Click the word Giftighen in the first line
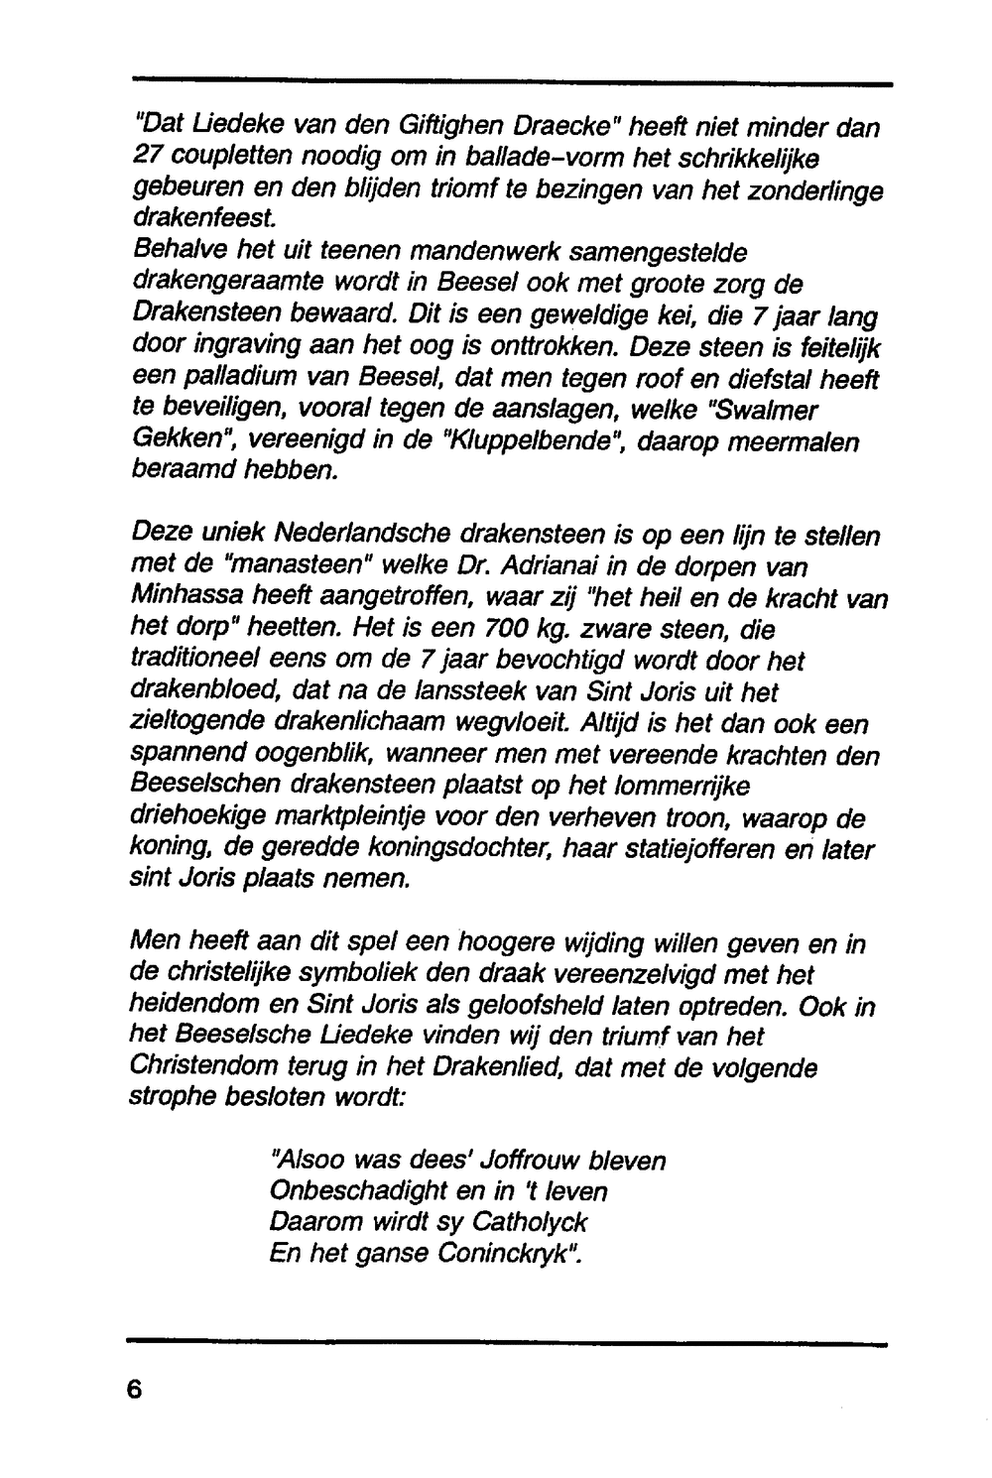click(x=454, y=128)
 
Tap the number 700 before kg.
click(x=510, y=630)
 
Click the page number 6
click(x=136, y=1389)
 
